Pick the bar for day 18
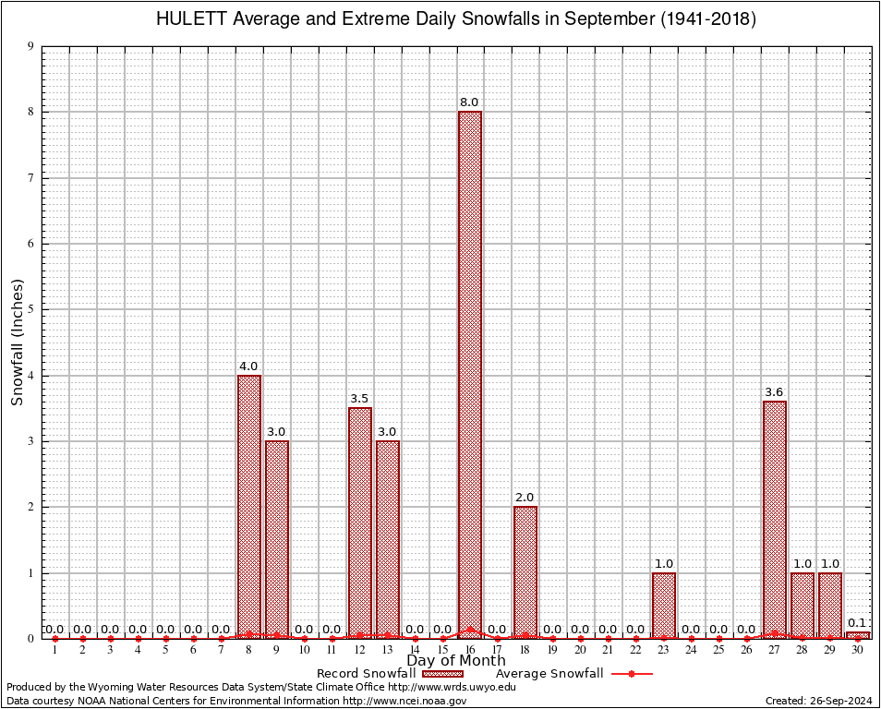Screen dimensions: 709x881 coord(525,571)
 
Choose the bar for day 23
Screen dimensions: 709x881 coord(664,605)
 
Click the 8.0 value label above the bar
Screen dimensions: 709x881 coord(470,102)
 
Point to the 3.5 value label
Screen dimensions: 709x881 coord(359,398)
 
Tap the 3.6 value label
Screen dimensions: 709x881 coord(775,391)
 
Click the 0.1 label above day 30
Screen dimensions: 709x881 coord(858,622)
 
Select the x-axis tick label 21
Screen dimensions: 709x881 coord(608,651)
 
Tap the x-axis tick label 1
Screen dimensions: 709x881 coord(55,651)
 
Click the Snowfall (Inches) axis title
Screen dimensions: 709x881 coord(18,342)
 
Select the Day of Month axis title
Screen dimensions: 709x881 coord(456,660)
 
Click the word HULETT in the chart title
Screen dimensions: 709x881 coord(190,19)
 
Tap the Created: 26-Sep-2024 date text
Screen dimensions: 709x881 coord(819,701)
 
